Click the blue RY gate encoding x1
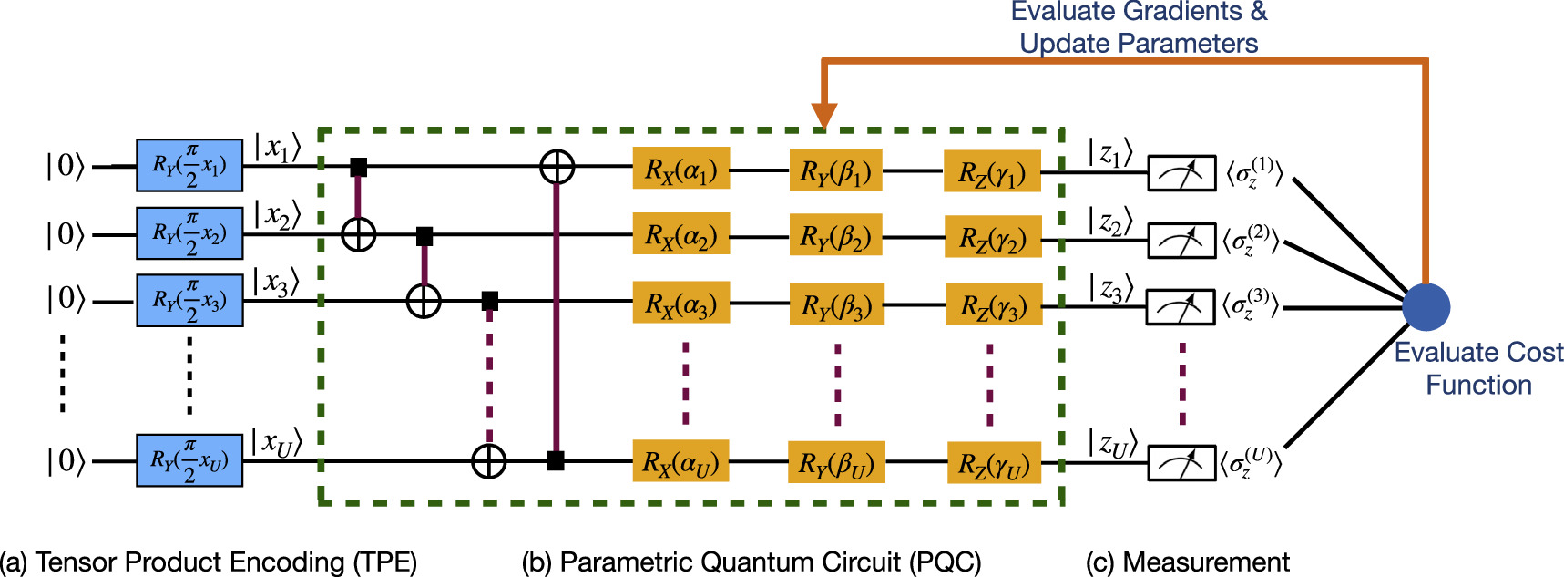tap(189, 165)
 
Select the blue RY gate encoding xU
tap(189, 460)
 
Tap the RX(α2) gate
tap(680, 235)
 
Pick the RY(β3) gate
tap(836, 305)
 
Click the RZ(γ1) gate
tap(992, 171)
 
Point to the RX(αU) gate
tap(680, 462)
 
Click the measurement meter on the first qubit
tap(1181, 173)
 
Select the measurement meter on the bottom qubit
tap(1181, 463)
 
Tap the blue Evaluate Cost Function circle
tap(1426, 306)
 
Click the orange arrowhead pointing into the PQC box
tap(823, 116)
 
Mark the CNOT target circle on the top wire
tap(557, 167)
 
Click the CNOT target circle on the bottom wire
tap(489, 461)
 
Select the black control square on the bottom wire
tap(556, 461)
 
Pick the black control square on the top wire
tap(359, 167)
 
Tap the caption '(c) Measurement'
tap(1187, 562)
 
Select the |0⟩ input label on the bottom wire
tap(65, 461)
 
